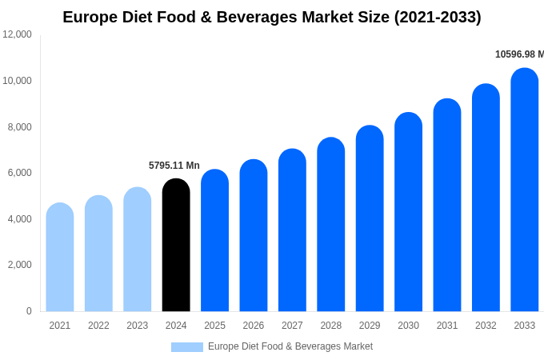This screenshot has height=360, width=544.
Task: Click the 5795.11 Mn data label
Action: click(174, 166)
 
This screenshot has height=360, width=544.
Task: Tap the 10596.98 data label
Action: click(518, 54)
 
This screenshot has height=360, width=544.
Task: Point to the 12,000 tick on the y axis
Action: click(17, 34)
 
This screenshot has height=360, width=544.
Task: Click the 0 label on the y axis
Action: click(29, 311)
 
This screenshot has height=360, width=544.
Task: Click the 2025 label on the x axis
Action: click(214, 326)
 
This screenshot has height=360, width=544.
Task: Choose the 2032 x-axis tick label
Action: click(486, 326)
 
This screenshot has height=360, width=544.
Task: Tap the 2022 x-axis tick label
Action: click(98, 326)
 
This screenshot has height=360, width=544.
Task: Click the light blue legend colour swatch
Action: click(187, 347)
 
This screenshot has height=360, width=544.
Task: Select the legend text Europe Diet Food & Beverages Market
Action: click(290, 346)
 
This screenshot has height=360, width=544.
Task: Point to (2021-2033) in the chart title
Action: click(438, 17)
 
